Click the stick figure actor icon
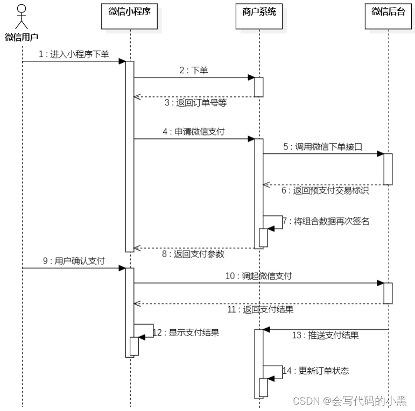tap(21, 17)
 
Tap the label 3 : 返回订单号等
tap(195, 103)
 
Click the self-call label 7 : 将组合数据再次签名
tap(327, 221)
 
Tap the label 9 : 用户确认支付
tap(74, 261)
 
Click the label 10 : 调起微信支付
tap(259, 276)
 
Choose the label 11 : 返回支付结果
tap(260, 309)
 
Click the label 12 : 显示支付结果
tap(186, 332)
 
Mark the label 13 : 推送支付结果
tap(325, 335)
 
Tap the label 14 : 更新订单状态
tap(316, 371)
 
